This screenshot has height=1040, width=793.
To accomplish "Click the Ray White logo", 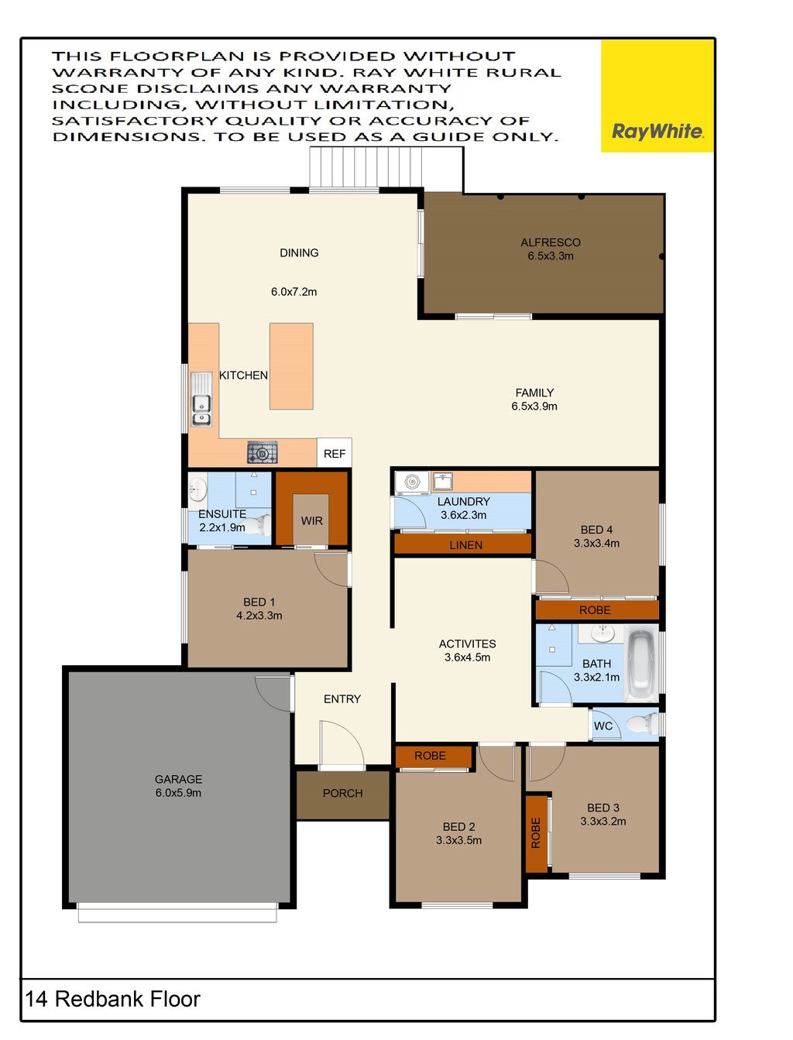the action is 657,131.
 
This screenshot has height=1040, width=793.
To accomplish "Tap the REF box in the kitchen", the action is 334,452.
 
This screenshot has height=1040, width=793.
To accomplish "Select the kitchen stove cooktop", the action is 262,452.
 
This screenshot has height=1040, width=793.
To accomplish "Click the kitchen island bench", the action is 291,366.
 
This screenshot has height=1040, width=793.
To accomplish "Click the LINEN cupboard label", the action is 465,545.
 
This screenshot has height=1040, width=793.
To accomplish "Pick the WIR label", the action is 312,521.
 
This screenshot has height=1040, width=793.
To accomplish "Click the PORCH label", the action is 342,793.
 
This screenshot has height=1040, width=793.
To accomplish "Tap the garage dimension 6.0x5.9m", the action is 178,793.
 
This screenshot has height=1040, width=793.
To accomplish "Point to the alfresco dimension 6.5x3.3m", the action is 551,256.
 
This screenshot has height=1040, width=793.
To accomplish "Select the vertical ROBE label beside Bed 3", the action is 536,833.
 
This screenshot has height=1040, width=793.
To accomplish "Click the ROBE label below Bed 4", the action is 595,610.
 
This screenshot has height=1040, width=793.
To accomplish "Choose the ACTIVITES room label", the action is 467,644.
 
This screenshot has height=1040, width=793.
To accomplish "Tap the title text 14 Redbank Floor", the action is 113,999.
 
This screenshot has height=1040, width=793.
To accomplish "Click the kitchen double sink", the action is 201,410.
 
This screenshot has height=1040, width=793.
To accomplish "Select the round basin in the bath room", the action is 602,633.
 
